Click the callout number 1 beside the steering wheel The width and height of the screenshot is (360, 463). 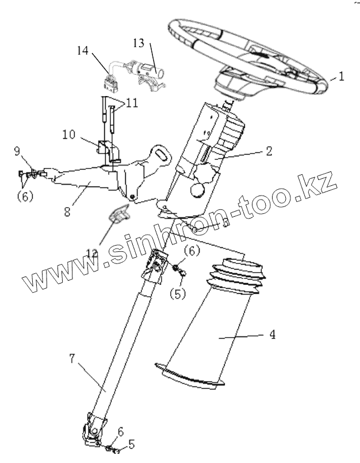341,75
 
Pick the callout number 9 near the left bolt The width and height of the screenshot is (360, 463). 17,152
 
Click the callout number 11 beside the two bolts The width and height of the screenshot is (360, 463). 132,104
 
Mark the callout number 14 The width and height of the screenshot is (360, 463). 83,51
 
